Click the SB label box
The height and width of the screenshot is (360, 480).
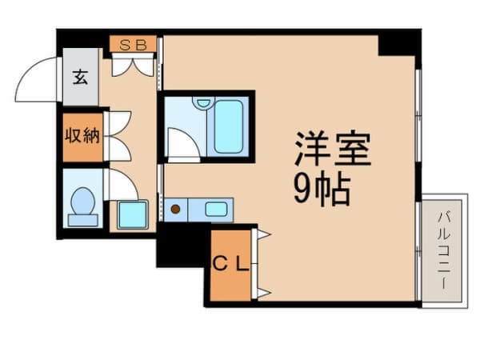coord(133,45)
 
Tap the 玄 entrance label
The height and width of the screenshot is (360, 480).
coord(80,77)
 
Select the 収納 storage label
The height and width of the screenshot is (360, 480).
coord(82,134)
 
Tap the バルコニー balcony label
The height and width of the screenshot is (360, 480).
coord(442,250)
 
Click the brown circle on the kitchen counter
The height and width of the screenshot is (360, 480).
coord(176,210)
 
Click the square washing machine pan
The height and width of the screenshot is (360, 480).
coord(132,214)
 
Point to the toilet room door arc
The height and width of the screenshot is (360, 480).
coord(122,185)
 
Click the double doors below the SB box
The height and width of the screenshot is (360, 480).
coord(133,65)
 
